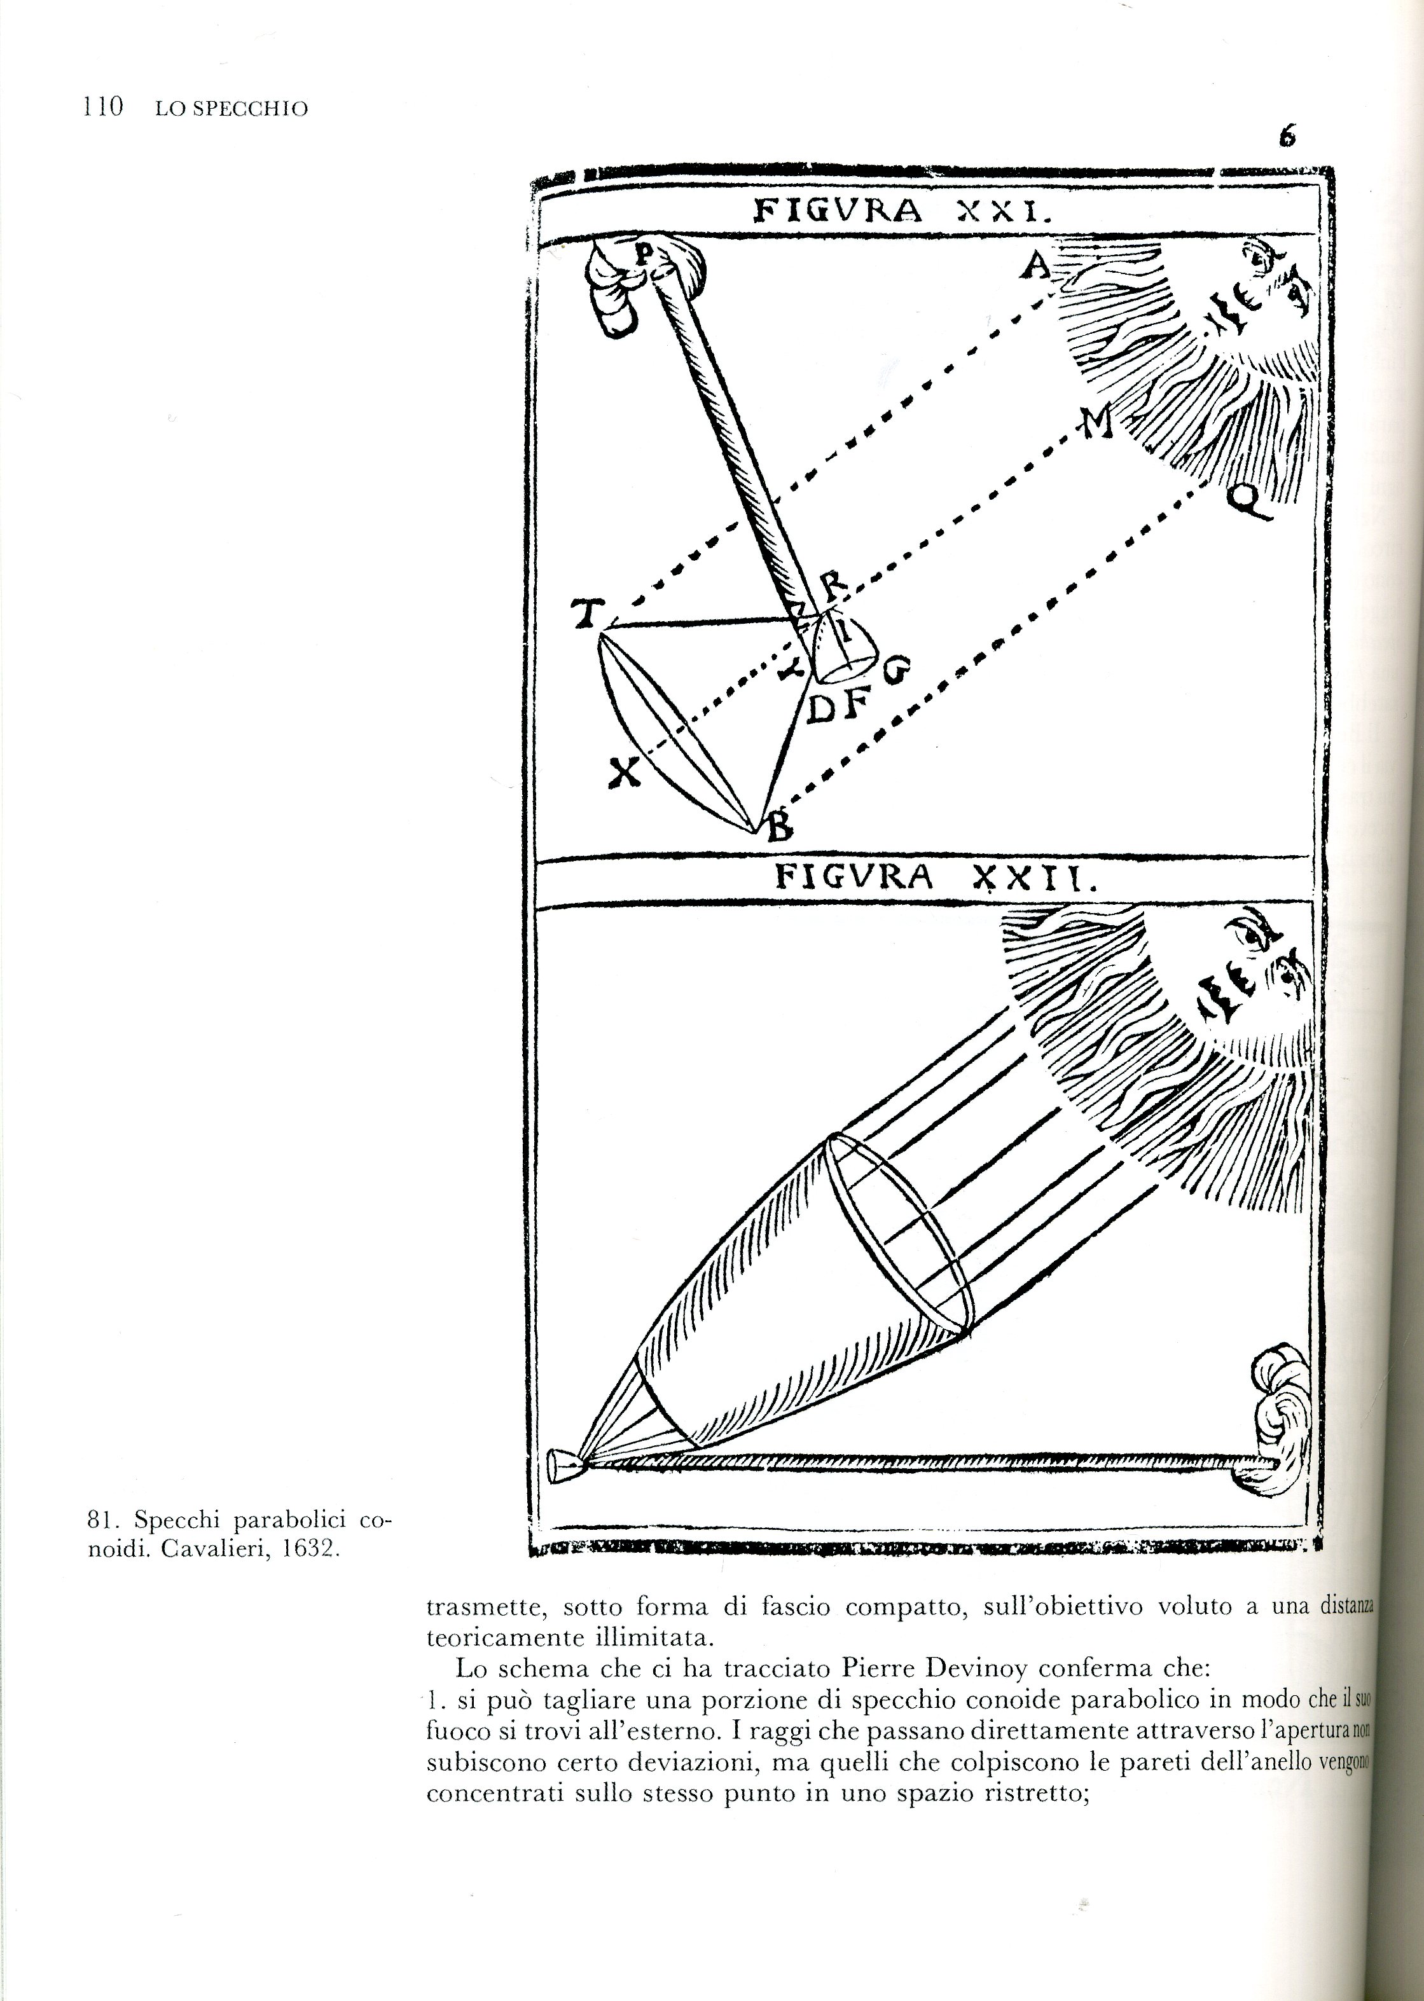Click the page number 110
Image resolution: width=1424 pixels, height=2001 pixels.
pos(102,108)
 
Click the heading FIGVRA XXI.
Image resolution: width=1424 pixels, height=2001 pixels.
pos(901,211)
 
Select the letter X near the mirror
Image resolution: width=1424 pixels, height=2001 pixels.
pos(623,773)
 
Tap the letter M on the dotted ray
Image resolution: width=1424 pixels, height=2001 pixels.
pos(1096,424)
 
